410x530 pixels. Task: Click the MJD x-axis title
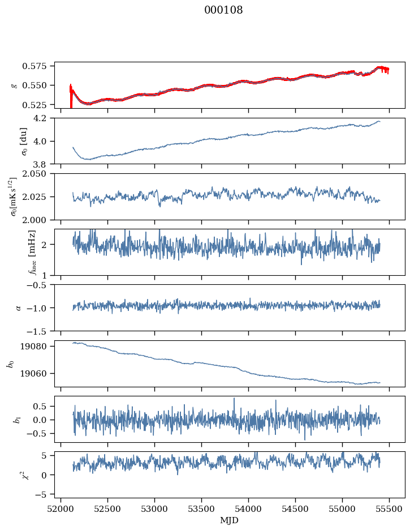pos(230,520)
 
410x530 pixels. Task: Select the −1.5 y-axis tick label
pos(41,331)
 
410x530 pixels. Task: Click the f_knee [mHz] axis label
pos(15,253)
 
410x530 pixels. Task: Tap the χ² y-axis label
pos(15,475)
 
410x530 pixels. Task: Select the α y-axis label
pos(17,307)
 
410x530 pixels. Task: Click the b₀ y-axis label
pos(10,364)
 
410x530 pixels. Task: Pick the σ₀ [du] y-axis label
pos(15,141)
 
